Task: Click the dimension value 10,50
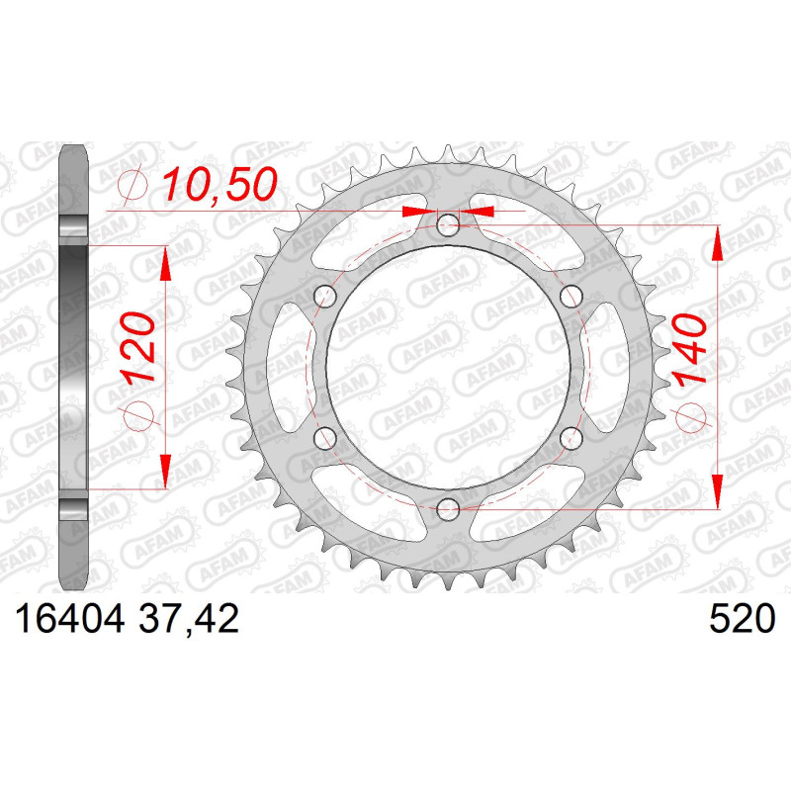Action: click(220, 184)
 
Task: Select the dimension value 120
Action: click(136, 349)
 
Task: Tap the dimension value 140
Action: click(689, 350)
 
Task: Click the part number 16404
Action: click(70, 619)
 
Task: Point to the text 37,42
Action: click(188, 620)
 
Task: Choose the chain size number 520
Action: click(742, 619)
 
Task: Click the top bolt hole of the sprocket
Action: click(448, 225)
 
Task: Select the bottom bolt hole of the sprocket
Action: click(448, 509)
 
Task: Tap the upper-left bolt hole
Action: click(325, 296)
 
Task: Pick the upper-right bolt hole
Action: click(571, 296)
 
